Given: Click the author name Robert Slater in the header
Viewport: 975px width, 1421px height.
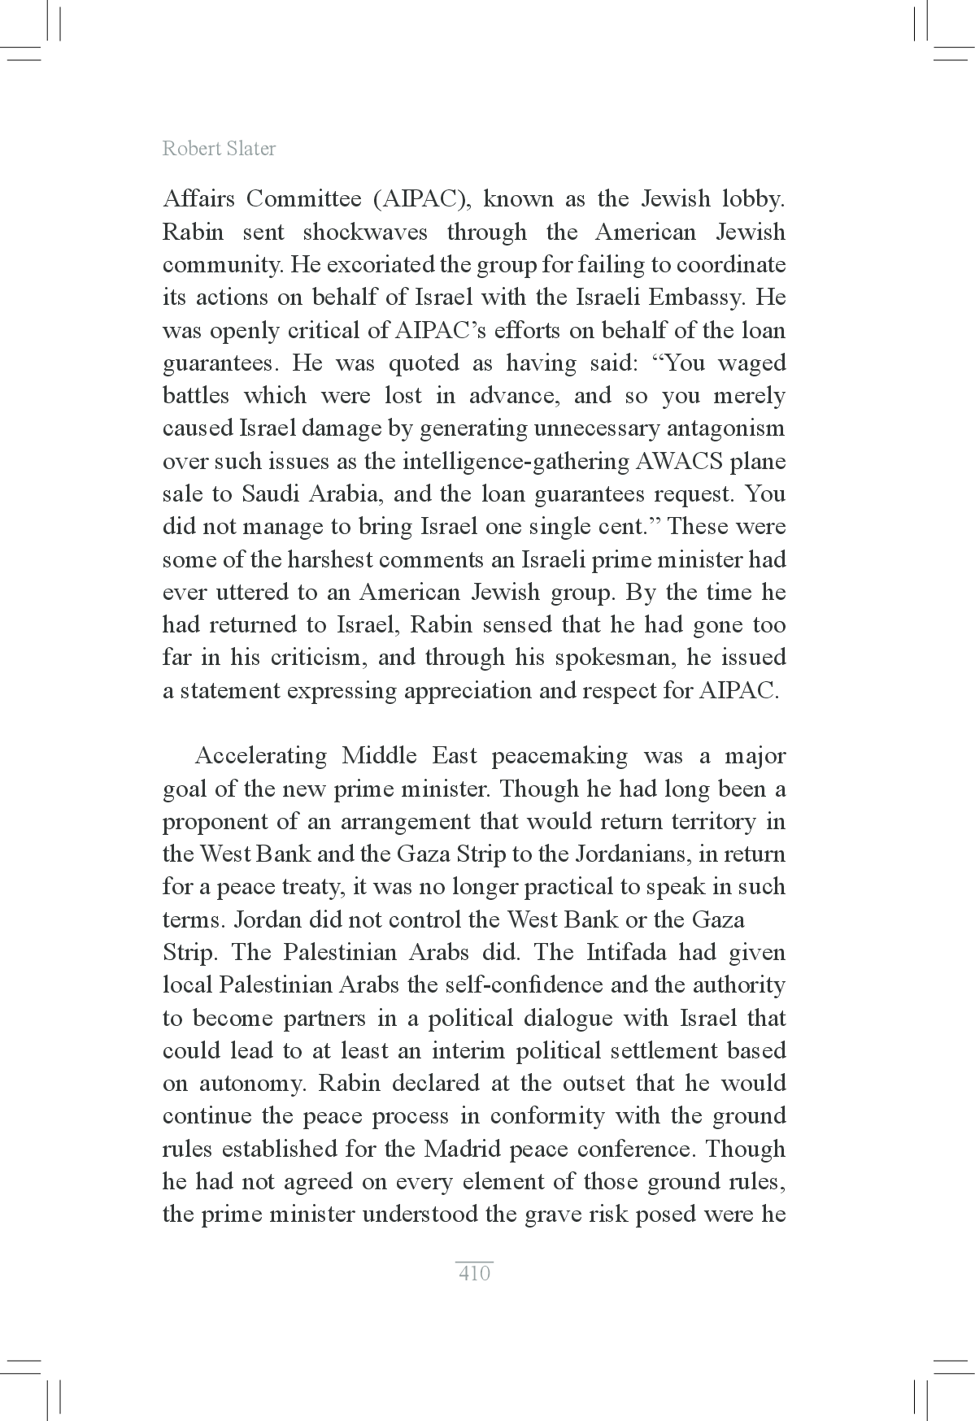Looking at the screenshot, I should (x=219, y=149).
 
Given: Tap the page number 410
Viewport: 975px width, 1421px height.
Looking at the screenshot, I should (x=474, y=1273).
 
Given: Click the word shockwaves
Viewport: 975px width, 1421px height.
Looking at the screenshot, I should (x=364, y=232).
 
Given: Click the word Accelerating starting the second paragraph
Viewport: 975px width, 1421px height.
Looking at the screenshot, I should (x=260, y=756).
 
